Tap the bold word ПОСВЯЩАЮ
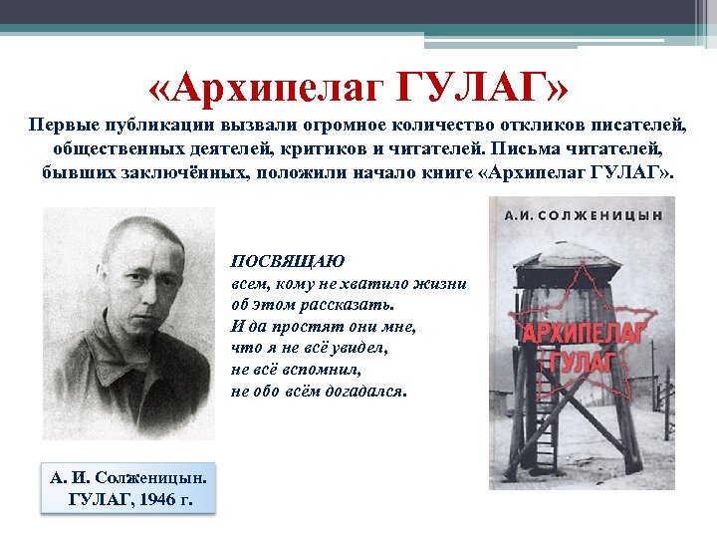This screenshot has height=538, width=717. [288, 261]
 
